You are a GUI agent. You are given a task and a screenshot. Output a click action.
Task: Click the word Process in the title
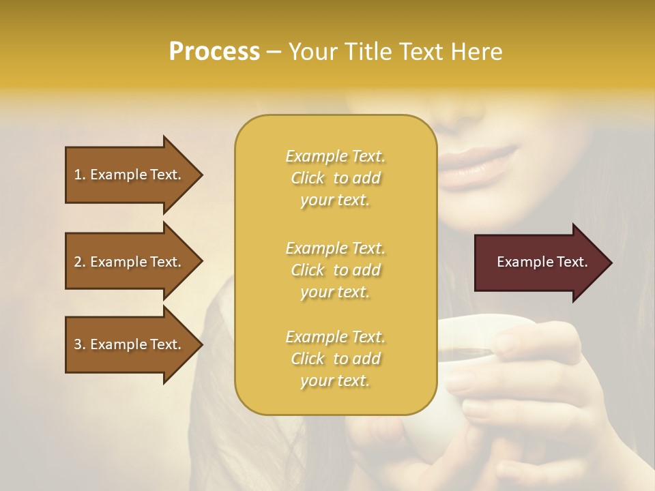click(214, 52)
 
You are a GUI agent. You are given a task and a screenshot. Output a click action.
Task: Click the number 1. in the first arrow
click(80, 175)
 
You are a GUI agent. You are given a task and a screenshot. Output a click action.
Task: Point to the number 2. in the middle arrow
click(80, 262)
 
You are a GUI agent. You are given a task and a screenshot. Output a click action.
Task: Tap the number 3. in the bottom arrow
click(80, 345)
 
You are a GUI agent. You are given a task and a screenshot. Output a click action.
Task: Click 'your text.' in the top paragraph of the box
click(335, 200)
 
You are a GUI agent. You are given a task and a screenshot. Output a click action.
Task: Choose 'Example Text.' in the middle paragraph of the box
click(335, 248)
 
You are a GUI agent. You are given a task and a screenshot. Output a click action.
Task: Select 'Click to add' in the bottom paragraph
click(335, 359)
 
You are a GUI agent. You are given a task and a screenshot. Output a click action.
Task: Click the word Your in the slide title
click(313, 52)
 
